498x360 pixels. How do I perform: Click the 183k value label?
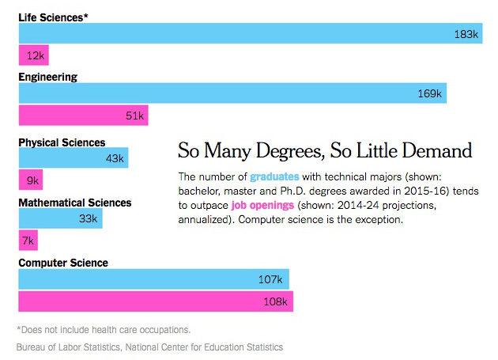pos(466,34)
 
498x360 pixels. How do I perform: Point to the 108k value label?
pos(276,301)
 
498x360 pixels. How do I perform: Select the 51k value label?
pos(134,116)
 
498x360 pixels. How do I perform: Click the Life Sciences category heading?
pos(52,17)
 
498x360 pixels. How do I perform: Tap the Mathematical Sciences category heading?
pos(75,203)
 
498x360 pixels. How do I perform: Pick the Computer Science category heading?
pos(63,263)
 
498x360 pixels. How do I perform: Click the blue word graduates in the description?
pos(274,176)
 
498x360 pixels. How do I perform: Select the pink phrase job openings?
pos(262,206)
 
